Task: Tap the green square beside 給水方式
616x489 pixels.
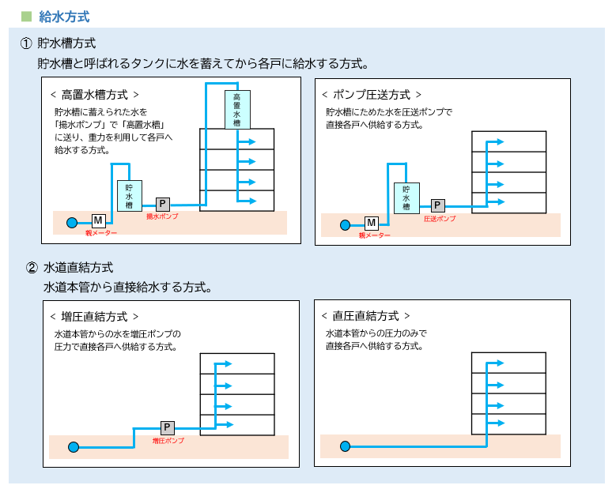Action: click(x=26, y=16)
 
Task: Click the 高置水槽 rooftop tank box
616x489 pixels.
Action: click(x=237, y=110)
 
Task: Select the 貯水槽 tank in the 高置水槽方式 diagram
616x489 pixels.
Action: click(x=129, y=196)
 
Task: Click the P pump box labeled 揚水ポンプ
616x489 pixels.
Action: click(x=163, y=204)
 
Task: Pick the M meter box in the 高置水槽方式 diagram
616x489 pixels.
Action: click(x=99, y=220)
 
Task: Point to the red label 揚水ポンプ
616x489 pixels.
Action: click(x=162, y=216)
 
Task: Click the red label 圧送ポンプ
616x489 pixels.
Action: click(x=440, y=218)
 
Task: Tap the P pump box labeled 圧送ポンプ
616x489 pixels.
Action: click(x=438, y=205)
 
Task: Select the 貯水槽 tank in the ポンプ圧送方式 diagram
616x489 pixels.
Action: click(x=406, y=197)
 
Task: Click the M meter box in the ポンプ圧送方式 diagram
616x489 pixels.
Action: click(x=372, y=224)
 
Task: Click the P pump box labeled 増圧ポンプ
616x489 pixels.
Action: click(x=168, y=427)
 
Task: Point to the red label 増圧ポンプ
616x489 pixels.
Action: click(x=168, y=440)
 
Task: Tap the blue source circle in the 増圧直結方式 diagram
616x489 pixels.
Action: click(x=74, y=447)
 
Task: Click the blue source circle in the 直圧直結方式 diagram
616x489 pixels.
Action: click(x=346, y=447)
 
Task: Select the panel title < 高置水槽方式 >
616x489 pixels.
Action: click(x=94, y=94)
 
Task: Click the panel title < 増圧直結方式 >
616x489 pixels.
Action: click(x=94, y=316)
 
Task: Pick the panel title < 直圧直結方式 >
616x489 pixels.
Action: click(x=365, y=316)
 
